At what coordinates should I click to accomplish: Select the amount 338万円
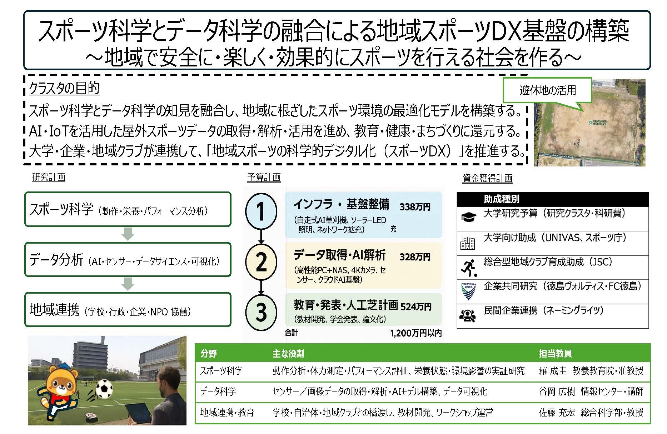[415, 207]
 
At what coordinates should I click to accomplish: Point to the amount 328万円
[415, 257]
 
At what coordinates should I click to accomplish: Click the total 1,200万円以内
[416, 333]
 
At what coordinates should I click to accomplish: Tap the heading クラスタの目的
[64, 88]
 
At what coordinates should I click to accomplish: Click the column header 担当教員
[555, 353]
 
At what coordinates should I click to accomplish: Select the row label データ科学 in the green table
[218, 391]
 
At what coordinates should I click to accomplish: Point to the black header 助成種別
[501, 199]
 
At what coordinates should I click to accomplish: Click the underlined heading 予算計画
[264, 178]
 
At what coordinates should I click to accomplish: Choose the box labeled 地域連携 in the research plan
[128, 310]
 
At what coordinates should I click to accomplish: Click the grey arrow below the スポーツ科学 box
[128, 234]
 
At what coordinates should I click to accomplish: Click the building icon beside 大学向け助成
[468, 243]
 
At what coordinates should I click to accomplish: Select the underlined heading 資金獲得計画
[487, 178]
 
